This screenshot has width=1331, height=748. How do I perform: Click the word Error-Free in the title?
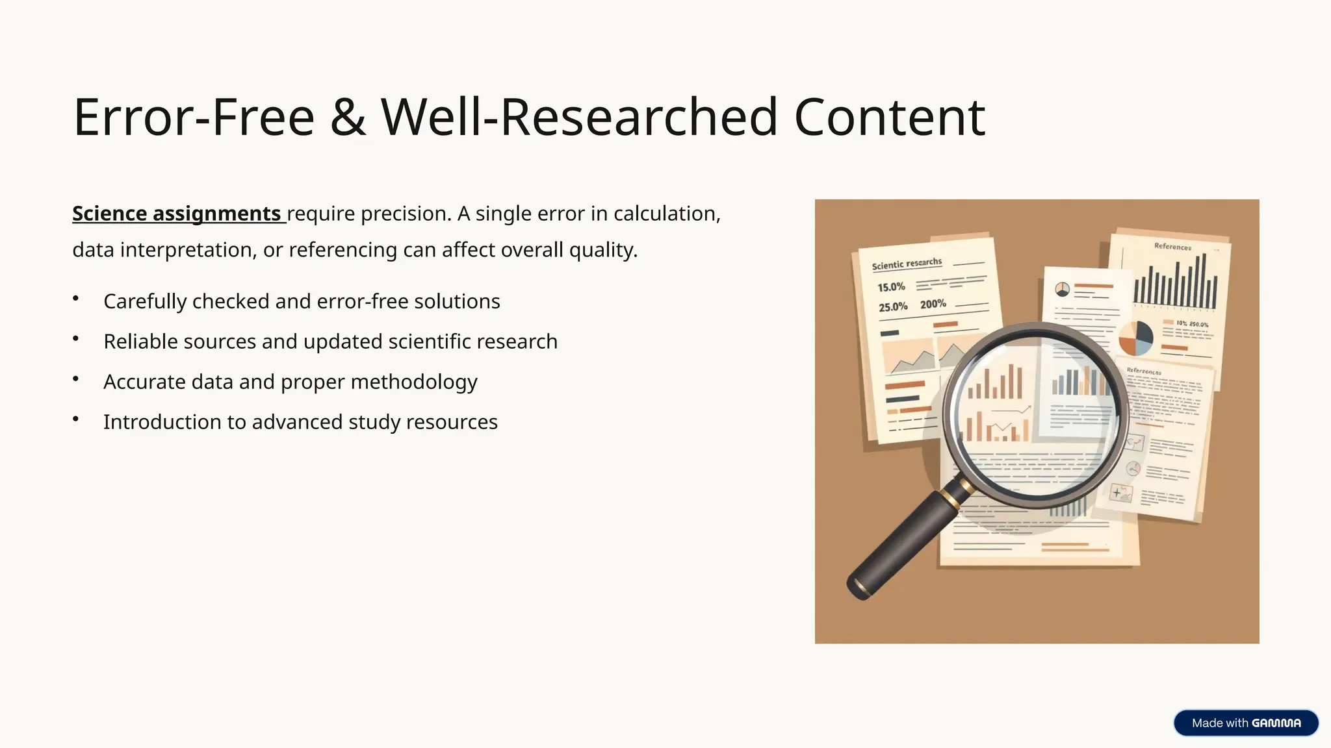pyautogui.click(x=194, y=118)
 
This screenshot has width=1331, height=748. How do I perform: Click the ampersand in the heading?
pyautogui.click(x=348, y=118)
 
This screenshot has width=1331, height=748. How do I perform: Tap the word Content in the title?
pyautogui.click(x=889, y=118)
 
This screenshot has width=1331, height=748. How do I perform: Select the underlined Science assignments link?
pyautogui.click(x=176, y=214)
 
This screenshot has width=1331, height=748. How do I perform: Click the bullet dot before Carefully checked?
pyautogui.click(x=76, y=299)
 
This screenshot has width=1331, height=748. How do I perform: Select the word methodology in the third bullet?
pyautogui.click(x=413, y=382)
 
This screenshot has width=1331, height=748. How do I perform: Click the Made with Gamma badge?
pyautogui.click(x=1245, y=723)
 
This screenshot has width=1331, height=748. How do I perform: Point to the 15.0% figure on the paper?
pyautogui.click(x=891, y=287)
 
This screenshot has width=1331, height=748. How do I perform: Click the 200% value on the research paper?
pyautogui.click(x=933, y=304)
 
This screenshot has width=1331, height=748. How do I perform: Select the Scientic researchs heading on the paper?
pyautogui.click(x=907, y=264)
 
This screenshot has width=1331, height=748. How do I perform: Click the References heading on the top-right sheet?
pyautogui.click(x=1172, y=247)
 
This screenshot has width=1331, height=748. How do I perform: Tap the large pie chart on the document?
pyautogui.click(x=1135, y=338)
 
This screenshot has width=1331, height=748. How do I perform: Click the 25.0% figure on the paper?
pyautogui.click(x=893, y=307)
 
